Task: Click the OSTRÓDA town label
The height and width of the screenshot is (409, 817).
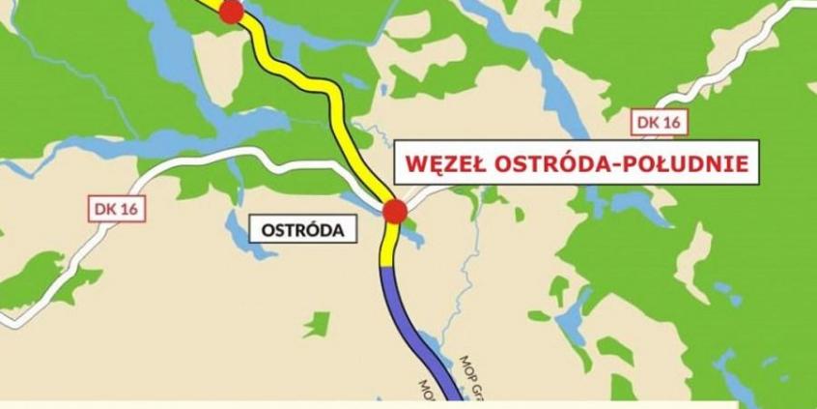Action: click(x=302, y=230)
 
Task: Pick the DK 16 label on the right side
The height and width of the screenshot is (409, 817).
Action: click(x=659, y=122)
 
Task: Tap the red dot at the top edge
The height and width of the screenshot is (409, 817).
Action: click(x=231, y=11)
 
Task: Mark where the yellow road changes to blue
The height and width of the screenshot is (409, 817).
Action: click(x=388, y=266)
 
